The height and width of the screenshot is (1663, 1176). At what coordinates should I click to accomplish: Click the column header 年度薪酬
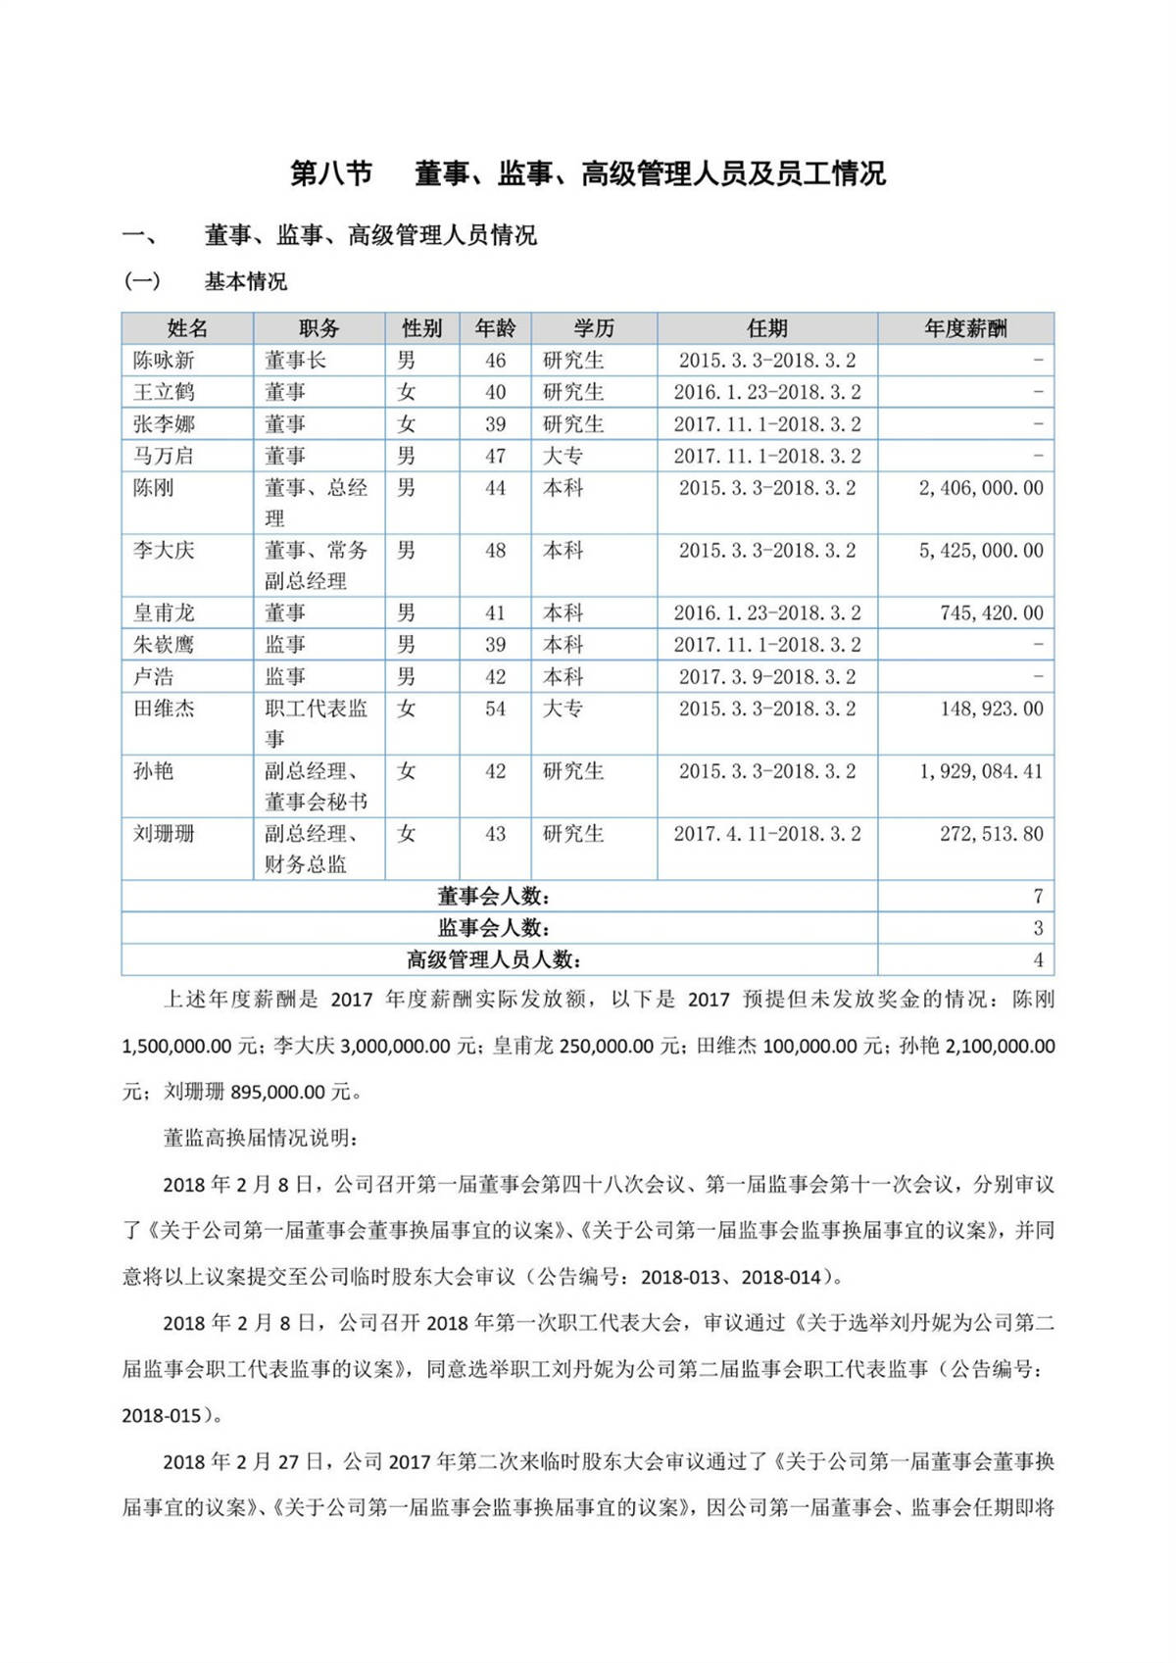[965, 328]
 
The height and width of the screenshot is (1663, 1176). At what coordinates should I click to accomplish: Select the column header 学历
[594, 328]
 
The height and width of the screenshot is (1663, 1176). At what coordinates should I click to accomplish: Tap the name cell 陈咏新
[164, 361]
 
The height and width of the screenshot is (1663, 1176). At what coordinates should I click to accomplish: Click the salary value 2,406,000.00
[981, 488]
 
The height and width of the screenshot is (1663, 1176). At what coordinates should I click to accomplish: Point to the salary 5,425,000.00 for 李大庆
[981, 551]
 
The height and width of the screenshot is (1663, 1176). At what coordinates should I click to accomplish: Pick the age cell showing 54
[496, 709]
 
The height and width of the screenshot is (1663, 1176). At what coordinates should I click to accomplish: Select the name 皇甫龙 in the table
[164, 613]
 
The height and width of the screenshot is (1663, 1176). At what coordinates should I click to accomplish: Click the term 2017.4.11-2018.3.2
[767, 834]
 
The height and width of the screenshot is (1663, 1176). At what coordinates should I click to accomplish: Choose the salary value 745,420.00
[992, 613]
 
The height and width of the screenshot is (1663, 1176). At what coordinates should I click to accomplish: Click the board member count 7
[1038, 896]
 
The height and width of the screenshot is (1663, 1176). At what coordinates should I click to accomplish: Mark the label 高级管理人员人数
[494, 959]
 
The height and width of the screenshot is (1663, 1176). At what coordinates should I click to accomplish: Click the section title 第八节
[331, 173]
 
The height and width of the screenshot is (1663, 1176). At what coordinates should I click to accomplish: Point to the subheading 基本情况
[246, 282]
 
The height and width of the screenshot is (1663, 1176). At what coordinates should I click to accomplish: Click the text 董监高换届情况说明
[261, 1138]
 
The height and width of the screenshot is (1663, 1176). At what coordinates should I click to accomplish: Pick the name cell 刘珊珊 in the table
[164, 834]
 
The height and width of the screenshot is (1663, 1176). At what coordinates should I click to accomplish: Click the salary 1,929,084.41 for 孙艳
[981, 771]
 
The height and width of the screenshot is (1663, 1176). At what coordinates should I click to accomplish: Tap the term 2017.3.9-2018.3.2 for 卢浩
[767, 677]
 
